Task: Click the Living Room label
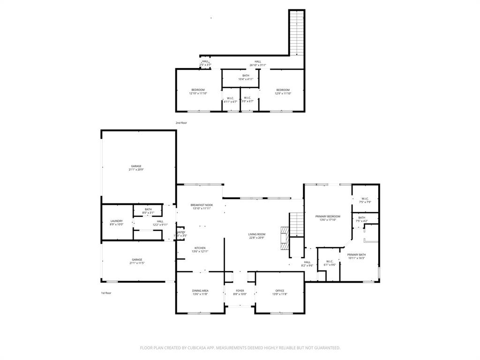[257, 236]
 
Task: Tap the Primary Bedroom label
[328, 218]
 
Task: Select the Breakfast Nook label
[202, 207]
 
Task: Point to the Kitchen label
[200, 250]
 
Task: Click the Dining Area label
[200, 292]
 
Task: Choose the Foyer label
[240, 292]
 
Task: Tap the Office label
[280, 292]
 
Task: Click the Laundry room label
[117, 223]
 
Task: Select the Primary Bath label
[357, 256]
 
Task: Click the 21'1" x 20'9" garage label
[136, 168]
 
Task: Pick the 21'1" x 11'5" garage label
[137, 262]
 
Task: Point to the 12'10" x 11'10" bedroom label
[198, 91]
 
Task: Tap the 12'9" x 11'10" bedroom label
[283, 91]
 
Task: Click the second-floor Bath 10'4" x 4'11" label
[246, 77]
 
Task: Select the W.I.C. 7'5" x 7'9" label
[365, 200]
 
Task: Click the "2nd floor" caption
[181, 123]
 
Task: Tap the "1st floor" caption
[106, 293]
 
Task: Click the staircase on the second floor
[297, 33]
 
